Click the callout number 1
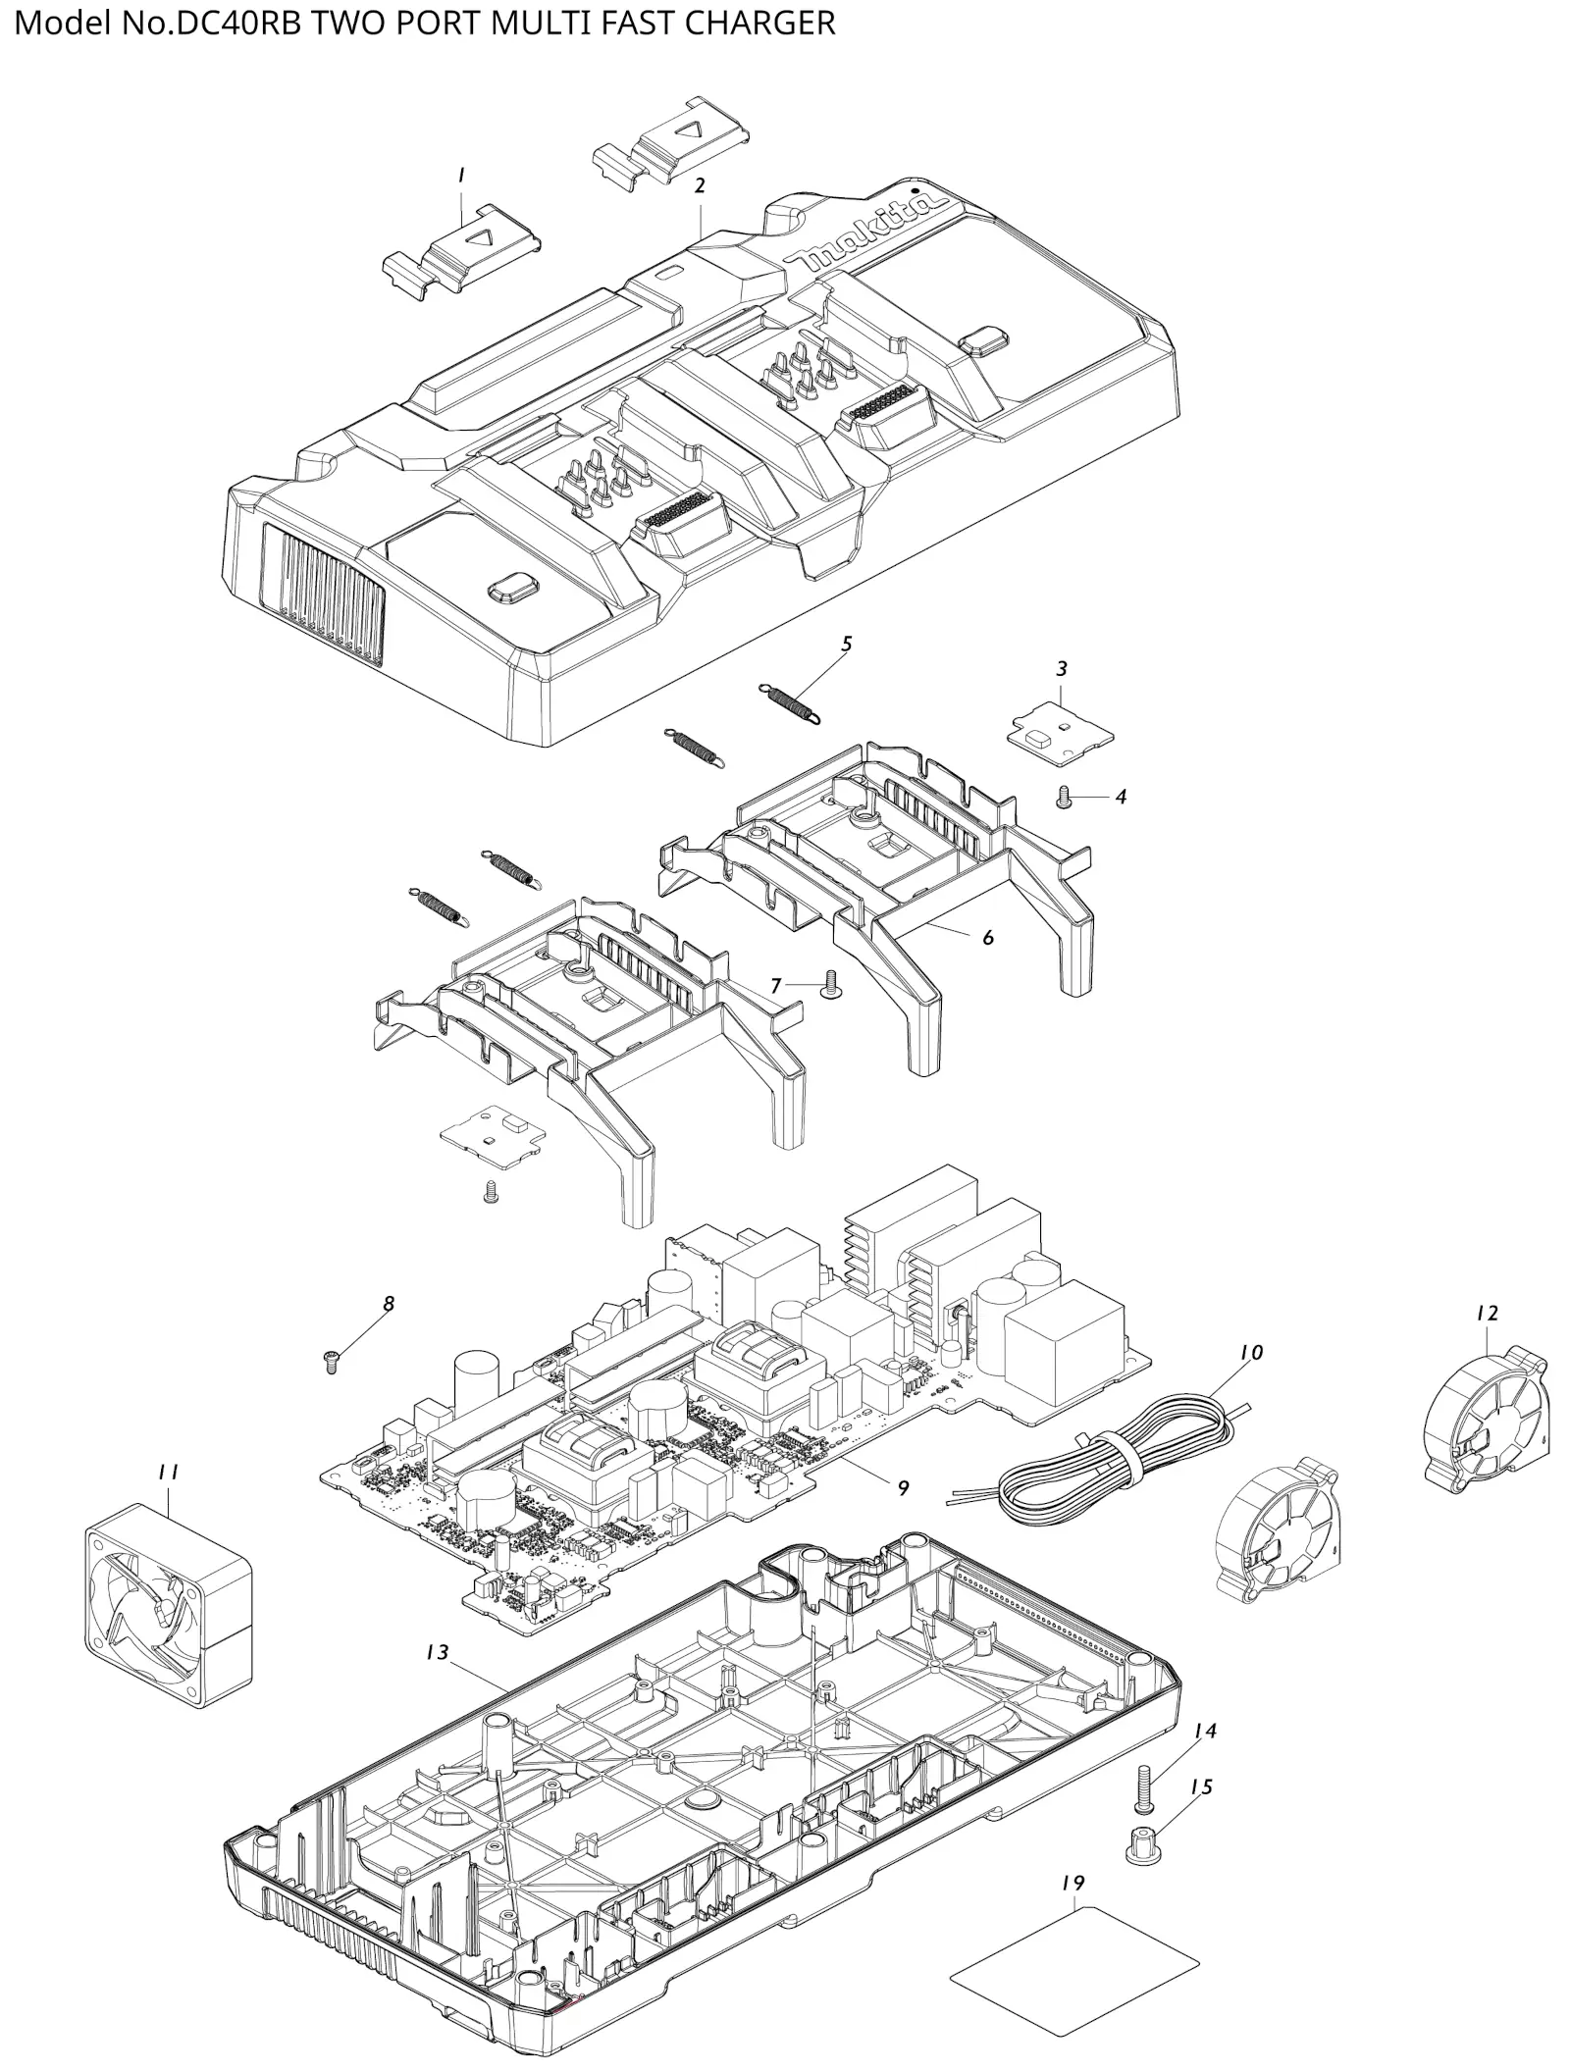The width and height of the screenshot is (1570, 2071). [460, 175]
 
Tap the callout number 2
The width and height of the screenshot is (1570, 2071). [700, 185]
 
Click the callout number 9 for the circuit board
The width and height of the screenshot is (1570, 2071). [903, 1488]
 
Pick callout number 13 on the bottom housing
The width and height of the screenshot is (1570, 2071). [437, 1653]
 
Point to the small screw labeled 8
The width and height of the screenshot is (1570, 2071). [330, 1360]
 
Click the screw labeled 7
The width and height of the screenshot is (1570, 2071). [828, 983]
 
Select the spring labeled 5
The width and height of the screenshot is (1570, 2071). [791, 704]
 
